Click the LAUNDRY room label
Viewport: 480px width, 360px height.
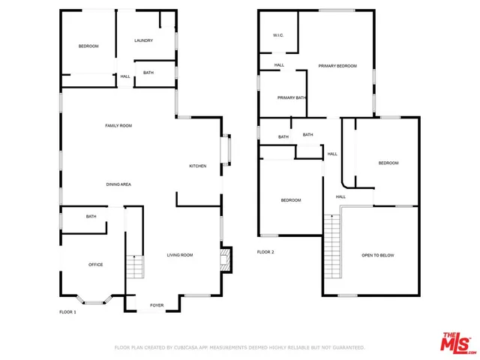tap(144, 40)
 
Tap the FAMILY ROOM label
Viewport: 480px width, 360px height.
tap(118, 126)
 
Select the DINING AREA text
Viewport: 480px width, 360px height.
tap(118, 184)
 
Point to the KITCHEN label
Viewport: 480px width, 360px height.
tap(198, 166)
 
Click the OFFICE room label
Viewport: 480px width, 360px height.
tap(96, 265)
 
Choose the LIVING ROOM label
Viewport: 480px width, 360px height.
tap(180, 255)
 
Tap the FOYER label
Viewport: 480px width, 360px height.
tap(157, 305)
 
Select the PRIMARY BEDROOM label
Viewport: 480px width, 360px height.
tap(337, 66)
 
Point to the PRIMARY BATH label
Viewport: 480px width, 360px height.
tap(292, 98)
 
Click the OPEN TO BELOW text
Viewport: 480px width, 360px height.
tap(378, 256)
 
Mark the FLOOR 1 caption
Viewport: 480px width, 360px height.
tap(68, 312)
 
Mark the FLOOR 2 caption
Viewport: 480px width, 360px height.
tap(265, 252)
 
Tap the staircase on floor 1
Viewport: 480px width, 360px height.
tap(133, 266)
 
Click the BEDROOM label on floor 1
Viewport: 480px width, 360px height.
tap(88, 46)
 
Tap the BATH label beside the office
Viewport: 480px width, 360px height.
tap(91, 217)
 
